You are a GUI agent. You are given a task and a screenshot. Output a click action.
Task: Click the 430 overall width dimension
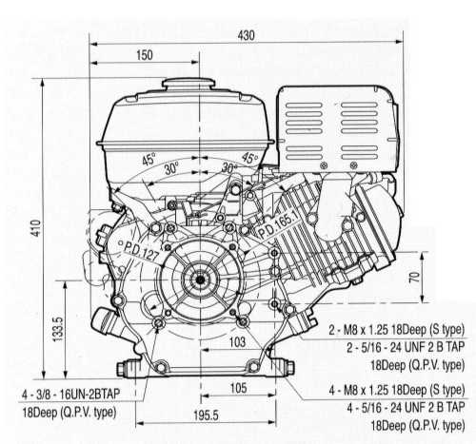[246, 35]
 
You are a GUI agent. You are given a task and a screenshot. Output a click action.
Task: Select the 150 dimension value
[145, 55]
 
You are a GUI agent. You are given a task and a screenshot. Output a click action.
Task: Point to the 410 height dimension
[36, 228]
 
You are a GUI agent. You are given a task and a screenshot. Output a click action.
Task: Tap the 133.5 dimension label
[58, 329]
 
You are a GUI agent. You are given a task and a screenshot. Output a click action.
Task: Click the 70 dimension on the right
[414, 278]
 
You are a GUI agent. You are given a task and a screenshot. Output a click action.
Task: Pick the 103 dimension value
[237, 342]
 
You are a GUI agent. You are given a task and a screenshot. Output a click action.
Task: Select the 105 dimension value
[238, 388]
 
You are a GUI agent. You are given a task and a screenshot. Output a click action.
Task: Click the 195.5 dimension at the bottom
[206, 415]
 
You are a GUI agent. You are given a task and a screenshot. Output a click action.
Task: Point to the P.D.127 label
[141, 251]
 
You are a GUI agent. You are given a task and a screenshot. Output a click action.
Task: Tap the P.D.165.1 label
[278, 224]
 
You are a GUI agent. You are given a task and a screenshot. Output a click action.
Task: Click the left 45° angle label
[149, 159]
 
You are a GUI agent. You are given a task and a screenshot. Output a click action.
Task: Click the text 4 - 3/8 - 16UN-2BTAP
[71, 395]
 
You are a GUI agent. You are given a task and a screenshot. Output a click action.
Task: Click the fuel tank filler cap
[188, 84]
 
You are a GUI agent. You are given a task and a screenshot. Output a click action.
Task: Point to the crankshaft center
[200, 280]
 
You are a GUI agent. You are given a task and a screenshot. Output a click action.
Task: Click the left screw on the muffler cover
[324, 164]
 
